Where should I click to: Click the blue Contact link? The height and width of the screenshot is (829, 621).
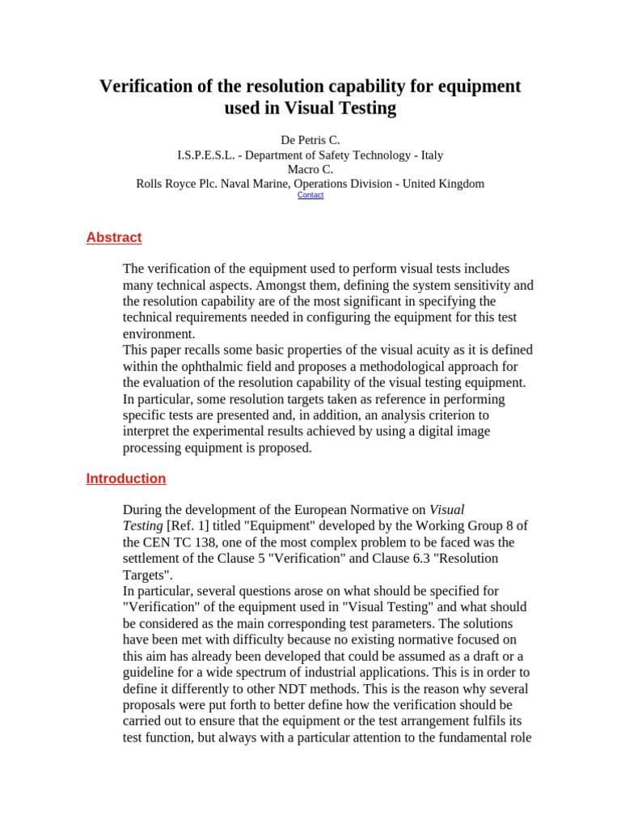(310, 195)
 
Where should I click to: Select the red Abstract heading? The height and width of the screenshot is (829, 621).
(114, 237)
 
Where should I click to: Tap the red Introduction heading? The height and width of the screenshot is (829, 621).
(126, 478)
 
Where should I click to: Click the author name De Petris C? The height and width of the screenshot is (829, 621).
(310, 140)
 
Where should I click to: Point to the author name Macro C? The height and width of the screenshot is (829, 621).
(310, 169)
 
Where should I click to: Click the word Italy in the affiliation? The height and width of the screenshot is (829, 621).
(429, 155)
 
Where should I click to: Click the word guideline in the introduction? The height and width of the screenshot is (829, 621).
(156, 673)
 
